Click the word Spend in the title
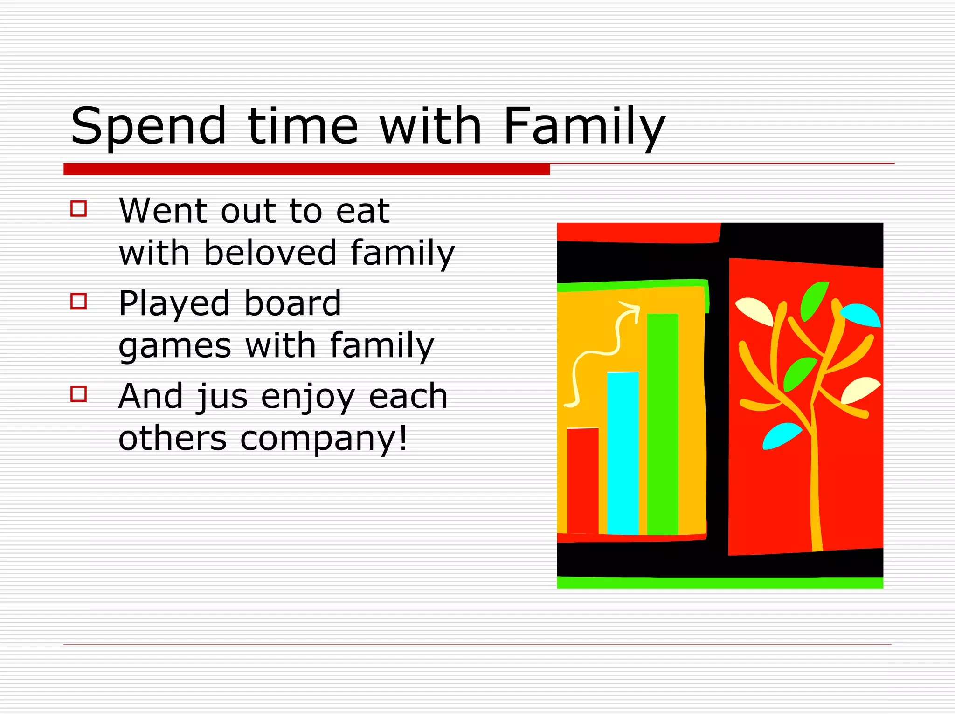[148, 126]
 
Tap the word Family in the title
[584, 126]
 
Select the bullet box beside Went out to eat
[79, 208]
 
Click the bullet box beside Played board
[79, 301]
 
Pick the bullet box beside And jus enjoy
[79, 394]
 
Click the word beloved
[270, 253]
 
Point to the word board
[293, 303]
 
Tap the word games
[175, 346]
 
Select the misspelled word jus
[222, 397]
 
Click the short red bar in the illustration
[583, 480]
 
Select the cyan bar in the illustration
[623, 452]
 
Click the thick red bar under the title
[306, 169]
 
